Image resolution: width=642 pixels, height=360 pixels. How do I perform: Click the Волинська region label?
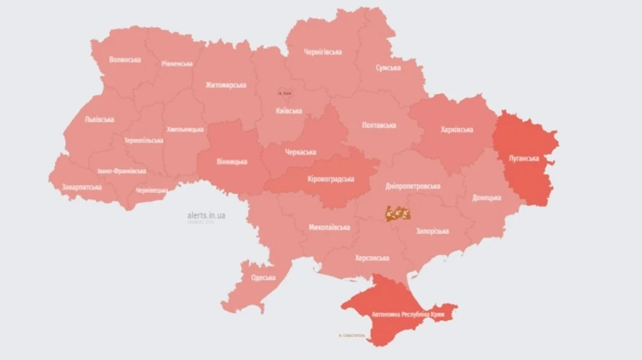pos(125,60)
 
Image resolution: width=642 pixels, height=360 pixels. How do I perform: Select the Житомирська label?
pos(225,85)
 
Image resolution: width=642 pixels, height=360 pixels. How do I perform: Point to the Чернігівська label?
pos(322,52)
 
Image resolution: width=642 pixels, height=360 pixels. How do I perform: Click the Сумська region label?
pos(388,68)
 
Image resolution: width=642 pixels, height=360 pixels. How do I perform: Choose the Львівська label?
pos(99,119)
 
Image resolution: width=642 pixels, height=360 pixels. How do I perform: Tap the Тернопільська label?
pos(143,140)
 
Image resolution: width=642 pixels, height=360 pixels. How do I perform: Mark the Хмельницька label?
pos(185,129)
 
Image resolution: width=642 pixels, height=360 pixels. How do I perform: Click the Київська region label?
pos(289,110)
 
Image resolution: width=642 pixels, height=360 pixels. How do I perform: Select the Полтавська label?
pos(379,125)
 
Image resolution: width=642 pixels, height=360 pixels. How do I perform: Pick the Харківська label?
pos(457,130)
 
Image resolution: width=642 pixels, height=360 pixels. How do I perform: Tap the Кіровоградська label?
pos(330,179)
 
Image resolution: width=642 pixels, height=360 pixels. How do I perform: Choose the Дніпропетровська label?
pos(412,186)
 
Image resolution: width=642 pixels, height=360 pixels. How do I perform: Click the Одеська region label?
pos(263,277)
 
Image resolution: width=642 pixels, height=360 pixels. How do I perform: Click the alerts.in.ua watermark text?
pos(206,215)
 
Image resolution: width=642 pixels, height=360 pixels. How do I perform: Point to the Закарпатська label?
pos(81,187)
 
